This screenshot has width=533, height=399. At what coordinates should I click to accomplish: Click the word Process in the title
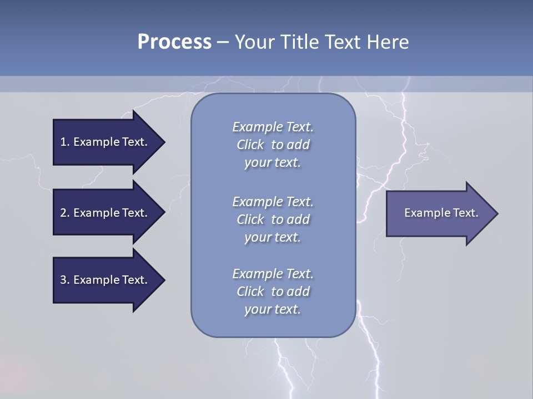(x=174, y=42)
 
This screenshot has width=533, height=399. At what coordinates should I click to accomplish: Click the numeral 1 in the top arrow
(x=63, y=142)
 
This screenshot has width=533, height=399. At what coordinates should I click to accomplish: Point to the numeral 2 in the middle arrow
(x=63, y=213)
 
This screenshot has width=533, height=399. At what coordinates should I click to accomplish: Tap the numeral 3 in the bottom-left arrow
(x=63, y=280)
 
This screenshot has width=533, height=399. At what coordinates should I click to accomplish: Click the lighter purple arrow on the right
(x=439, y=213)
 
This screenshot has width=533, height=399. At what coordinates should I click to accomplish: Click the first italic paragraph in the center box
(x=273, y=145)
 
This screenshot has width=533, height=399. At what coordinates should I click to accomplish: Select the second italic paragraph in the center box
(x=273, y=219)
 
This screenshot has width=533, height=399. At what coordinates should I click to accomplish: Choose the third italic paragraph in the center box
(x=273, y=291)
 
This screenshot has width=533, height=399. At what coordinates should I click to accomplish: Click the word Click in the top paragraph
(x=250, y=145)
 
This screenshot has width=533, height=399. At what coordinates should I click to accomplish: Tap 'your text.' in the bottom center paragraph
(x=273, y=309)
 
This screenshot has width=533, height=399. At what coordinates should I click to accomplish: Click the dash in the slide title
(x=223, y=42)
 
